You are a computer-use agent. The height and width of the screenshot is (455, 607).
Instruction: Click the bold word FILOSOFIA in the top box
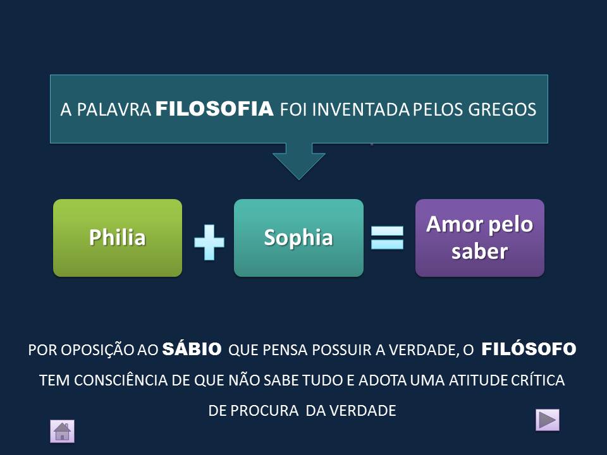[x=214, y=109]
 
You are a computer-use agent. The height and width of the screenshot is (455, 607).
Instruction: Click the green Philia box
[x=118, y=238]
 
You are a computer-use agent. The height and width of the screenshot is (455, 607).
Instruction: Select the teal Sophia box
[x=298, y=238]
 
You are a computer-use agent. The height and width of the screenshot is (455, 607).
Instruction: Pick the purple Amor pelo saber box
[x=479, y=238]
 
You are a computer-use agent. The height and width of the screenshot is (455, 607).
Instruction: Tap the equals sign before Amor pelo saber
[x=387, y=238]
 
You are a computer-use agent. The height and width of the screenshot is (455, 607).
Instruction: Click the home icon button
[x=62, y=431]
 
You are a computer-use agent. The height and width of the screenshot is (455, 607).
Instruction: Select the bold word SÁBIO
[x=192, y=349]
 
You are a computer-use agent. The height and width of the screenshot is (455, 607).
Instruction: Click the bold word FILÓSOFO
[x=529, y=349]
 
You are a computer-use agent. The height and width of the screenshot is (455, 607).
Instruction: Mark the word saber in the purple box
[x=479, y=251]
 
